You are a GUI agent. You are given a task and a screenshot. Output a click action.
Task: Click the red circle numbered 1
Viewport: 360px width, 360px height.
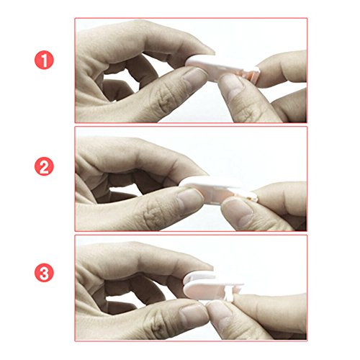click(44, 60)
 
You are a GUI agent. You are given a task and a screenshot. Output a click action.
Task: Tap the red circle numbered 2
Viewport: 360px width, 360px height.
click(44, 167)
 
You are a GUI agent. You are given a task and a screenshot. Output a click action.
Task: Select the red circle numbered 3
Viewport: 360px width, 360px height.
click(44, 273)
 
